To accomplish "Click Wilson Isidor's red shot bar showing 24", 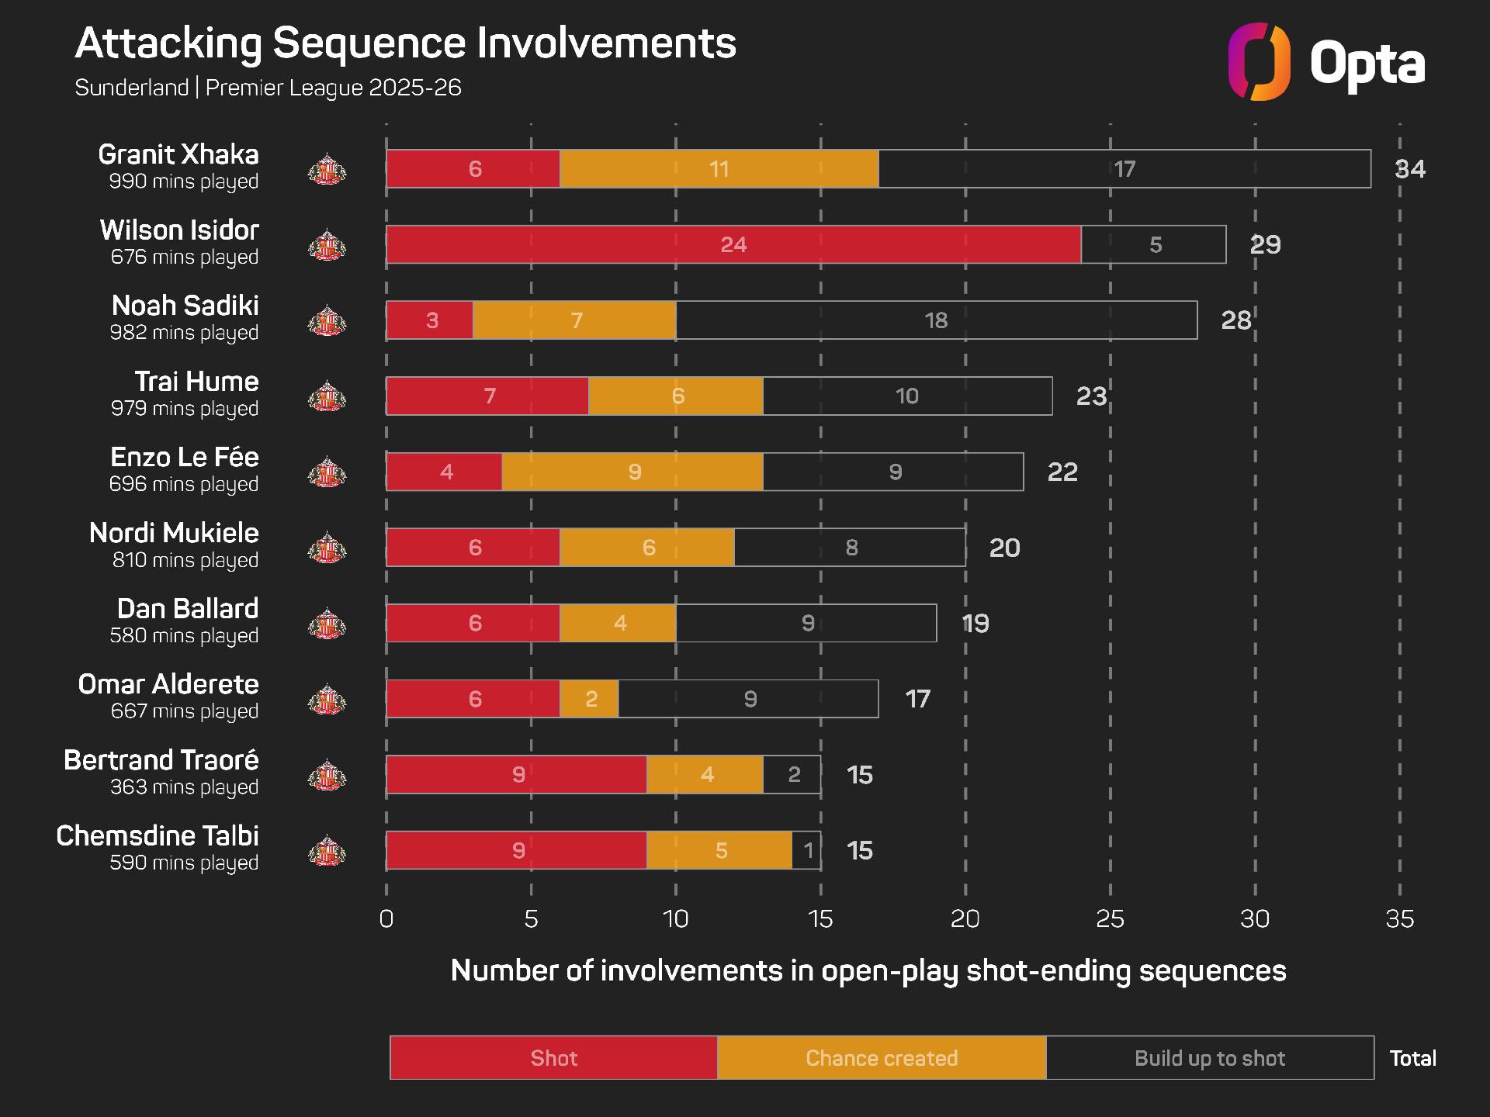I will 733,245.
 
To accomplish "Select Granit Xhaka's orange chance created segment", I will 719,169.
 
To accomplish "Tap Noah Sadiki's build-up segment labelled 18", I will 936,320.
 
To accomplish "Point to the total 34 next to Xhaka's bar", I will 1410,169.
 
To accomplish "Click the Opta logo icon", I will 1259,62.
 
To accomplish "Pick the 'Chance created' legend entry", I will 882,1058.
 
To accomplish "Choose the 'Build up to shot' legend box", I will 1209,1058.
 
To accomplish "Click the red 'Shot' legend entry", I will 553,1058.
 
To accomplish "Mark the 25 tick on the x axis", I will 1110,919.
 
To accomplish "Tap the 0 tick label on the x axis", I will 386,919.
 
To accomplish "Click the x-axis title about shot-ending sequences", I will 868,971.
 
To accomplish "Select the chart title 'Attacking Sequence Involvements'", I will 405,43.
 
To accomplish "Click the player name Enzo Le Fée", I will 185,458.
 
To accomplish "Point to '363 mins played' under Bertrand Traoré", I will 184,787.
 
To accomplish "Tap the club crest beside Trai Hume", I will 327,397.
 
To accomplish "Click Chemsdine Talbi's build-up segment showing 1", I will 807,851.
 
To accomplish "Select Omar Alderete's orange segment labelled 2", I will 590,699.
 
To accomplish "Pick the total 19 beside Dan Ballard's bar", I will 975,624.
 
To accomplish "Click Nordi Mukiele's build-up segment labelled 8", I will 851,548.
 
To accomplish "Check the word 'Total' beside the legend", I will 1412,1059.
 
